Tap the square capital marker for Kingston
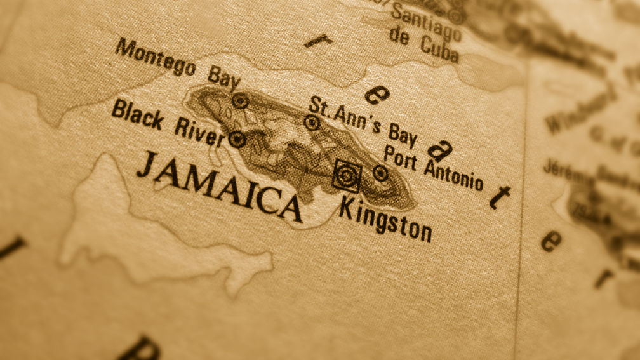tap(346, 175)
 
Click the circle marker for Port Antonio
tap(380, 172)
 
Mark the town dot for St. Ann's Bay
tap(312, 123)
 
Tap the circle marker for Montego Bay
tap(239, 100)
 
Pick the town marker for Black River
tap(237, 138)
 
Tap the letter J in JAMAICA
tap(147, 164)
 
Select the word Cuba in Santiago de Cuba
tap(439, 48)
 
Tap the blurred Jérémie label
tap(563, 171)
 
